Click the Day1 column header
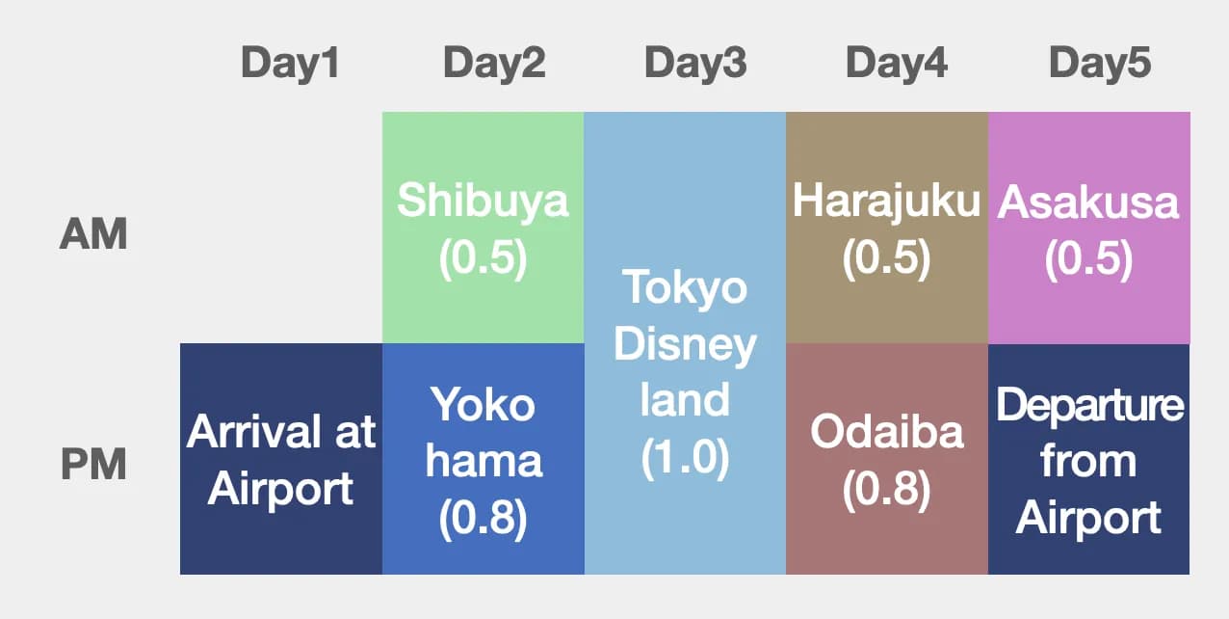pos(290,64)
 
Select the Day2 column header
pos(494,64)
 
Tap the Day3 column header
pos(695,64)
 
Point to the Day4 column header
pos(897,64)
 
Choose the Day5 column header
pos(1100,64)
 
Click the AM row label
pos(93,234)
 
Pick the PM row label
pos(93,465)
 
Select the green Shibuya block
pos(483,229)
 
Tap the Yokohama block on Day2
pos(483,459)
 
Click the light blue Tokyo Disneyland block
pos(685,343)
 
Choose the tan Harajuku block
pos(886,229)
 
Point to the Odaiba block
pos(886,459)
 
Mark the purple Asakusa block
pos(1088,229)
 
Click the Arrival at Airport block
pos(281,459)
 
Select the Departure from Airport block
pos(1088,459)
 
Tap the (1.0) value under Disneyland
pos(685,458)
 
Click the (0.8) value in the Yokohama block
pos(483,519)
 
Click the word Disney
pos(685,345)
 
